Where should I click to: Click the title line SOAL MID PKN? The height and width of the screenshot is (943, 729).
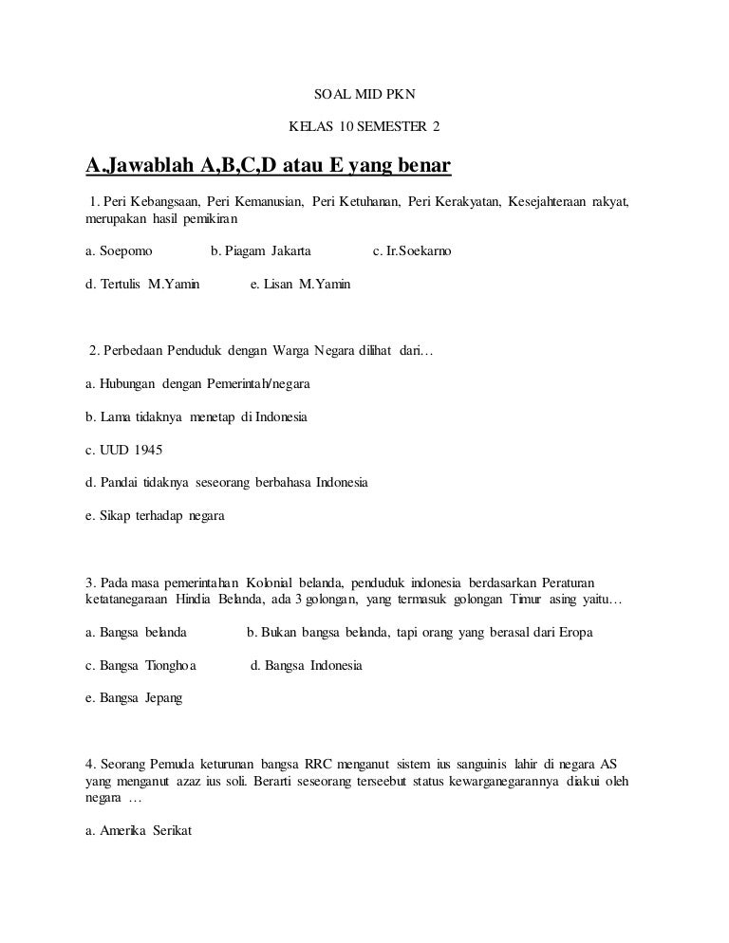point(364,96)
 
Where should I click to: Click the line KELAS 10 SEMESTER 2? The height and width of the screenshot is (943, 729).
point(364,127)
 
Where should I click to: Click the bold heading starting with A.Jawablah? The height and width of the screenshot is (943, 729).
point(268,169)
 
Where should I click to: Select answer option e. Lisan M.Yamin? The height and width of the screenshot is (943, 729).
point(300,284)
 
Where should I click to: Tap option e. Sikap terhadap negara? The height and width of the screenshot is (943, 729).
point(154,515)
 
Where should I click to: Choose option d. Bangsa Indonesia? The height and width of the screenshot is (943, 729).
point(306,665)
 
